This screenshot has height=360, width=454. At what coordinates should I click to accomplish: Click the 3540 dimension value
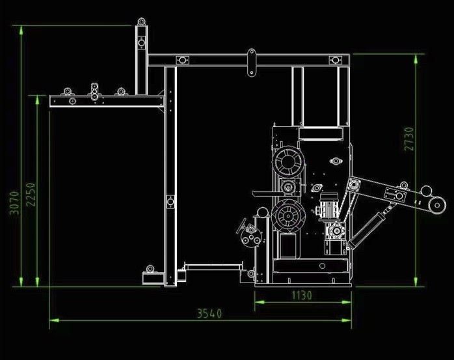point(209,313)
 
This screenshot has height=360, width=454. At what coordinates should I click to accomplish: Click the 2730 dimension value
point(408,139)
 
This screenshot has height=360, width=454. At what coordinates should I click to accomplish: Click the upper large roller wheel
point(287,162)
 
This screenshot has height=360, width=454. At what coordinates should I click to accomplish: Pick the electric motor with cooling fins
point(327,206)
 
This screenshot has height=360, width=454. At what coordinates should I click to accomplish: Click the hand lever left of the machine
point(244,227)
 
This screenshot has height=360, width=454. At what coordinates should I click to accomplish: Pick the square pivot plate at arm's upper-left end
point(353,186)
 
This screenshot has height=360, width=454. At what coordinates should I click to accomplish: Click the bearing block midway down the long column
point(170,202)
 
